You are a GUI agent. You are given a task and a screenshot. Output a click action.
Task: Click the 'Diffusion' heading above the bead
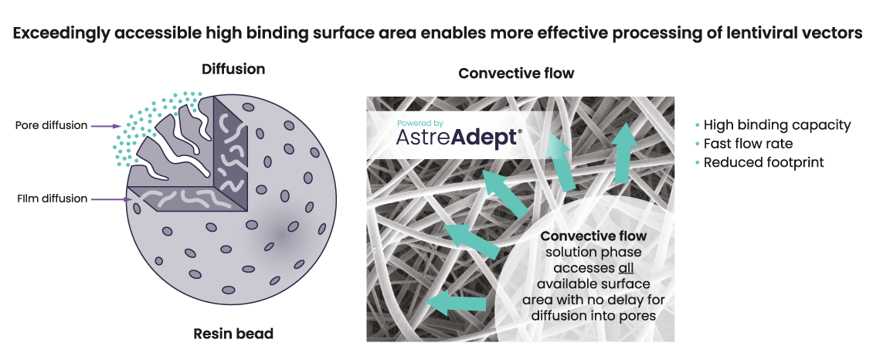pos(233,70)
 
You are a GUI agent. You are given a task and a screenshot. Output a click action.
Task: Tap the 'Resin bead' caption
pos(233,334)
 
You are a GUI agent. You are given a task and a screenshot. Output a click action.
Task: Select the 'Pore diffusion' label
pos(51,126)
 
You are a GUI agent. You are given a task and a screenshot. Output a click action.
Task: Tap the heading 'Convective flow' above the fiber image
pos(516,73)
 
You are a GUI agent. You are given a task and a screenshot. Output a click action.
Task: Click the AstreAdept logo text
pos(460,138)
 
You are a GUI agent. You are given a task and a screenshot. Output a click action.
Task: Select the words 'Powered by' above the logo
pos(420,123)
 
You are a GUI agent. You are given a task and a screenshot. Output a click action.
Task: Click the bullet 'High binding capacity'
pos(776,125)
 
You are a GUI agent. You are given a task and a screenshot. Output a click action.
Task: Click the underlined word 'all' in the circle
pos(626,268)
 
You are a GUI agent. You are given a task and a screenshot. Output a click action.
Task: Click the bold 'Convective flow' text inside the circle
pos(593,236)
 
